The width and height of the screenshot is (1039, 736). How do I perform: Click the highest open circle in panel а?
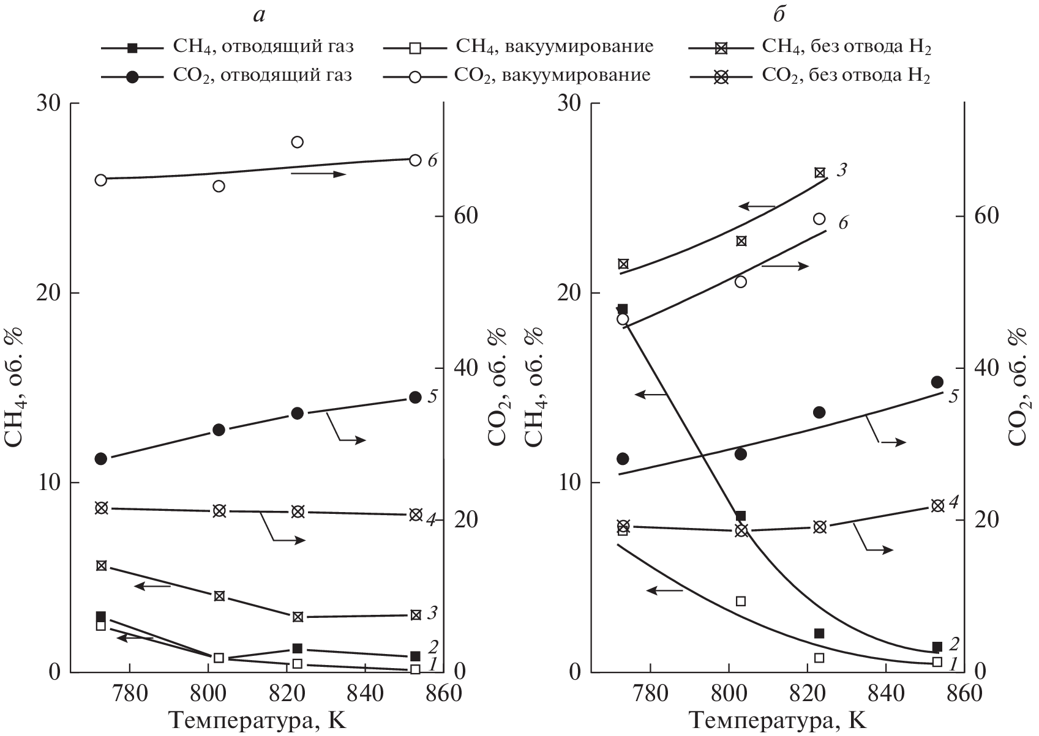(298, 142)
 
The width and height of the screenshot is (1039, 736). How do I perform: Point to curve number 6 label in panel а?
(432, 161)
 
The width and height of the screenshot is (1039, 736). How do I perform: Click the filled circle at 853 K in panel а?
(415, 397)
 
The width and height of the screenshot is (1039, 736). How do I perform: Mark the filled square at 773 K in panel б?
(623, 309)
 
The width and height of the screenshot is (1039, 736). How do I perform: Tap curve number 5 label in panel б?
(953, 396)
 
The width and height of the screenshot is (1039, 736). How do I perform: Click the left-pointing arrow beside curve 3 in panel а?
(152, 586)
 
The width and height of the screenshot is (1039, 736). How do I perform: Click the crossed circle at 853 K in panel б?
(937, 505)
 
